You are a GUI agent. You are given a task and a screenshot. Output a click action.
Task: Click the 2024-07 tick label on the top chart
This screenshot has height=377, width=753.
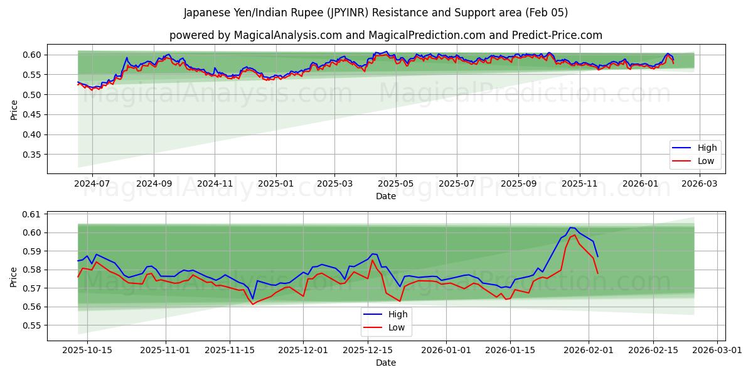coord(92,183)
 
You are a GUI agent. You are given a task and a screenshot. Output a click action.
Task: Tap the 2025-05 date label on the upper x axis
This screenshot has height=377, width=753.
coord(396,183)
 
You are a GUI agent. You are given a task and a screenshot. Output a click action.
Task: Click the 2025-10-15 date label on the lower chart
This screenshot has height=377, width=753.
coord(87,350)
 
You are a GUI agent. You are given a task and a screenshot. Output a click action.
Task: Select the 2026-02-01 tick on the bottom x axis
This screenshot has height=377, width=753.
coord(589,350)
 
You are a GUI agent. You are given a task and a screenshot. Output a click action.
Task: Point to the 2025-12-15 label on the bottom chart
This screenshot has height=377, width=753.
coord(369,350)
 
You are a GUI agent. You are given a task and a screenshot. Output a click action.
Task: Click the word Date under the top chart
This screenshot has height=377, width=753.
coord(385,196)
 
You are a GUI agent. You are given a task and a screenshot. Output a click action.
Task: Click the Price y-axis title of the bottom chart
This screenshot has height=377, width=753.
coord(14,276)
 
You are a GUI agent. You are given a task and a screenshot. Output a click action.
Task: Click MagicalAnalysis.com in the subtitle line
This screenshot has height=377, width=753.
coord(282,35)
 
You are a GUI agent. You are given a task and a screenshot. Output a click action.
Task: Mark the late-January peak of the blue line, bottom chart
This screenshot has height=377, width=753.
coord(570,227)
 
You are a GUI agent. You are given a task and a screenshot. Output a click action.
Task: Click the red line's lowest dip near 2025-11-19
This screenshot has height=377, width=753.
coord(253,304)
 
